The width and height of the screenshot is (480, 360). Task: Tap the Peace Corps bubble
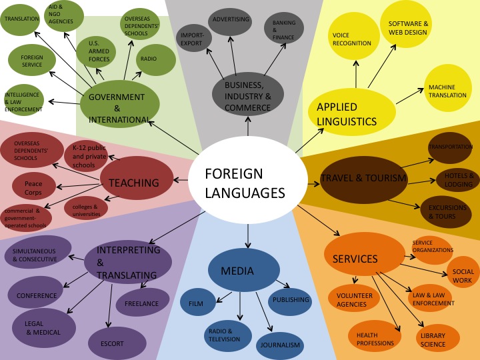[x=33, y=186]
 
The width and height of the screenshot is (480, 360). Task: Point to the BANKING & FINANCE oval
[x=284, y=30]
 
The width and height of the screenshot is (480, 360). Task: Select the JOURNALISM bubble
[x=280, y=345]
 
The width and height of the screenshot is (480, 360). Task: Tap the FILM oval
[x=197, y=302]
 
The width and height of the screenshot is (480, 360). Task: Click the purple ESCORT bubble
[x=117, y=343]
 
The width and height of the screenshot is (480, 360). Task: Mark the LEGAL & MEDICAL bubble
[x=43, y=327]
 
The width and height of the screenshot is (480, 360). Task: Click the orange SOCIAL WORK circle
[x=462, y=275]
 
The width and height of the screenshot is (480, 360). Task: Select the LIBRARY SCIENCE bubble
[x=439, y=339]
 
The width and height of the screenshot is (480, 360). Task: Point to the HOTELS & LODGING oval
[x=458, y=179]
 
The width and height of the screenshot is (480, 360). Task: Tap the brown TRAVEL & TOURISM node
[x=363, y=179]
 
